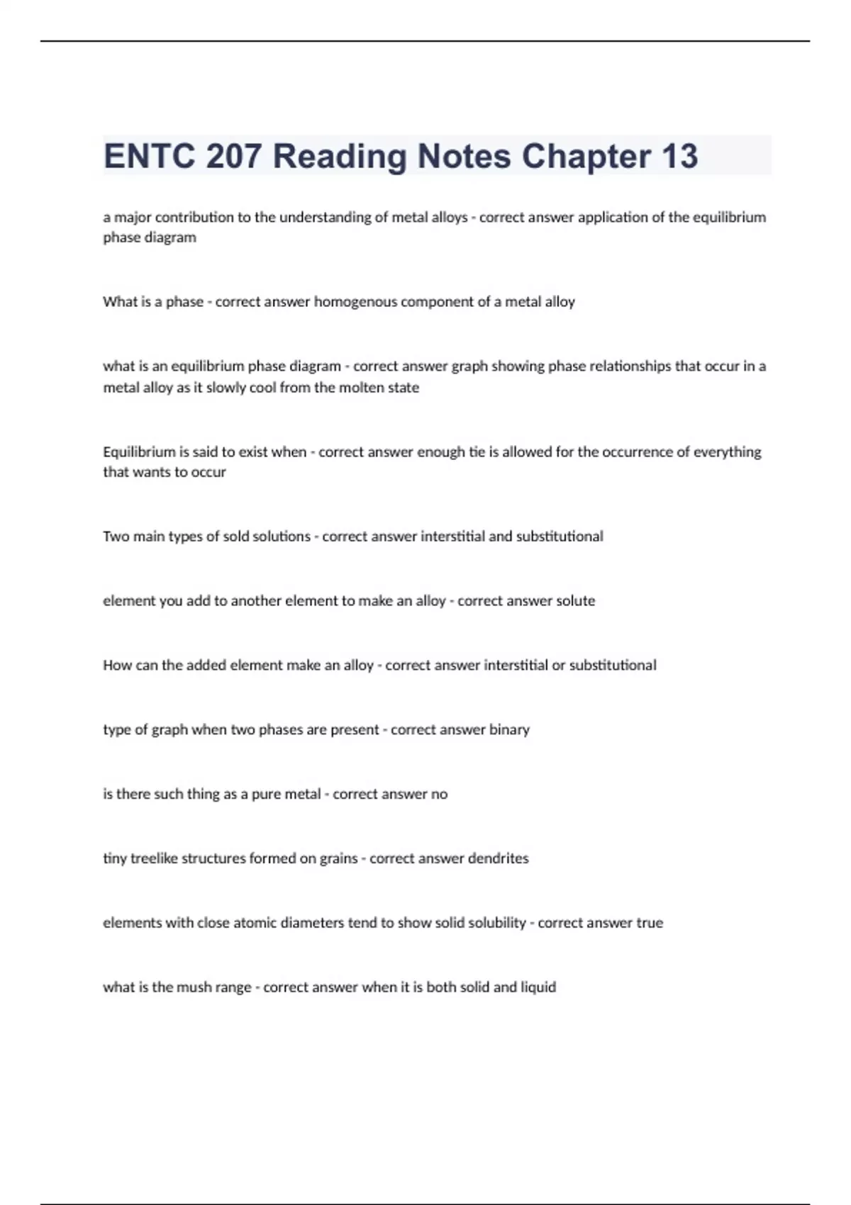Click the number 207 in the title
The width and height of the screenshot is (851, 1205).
(233, 156)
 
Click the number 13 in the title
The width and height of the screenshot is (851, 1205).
(679, 156)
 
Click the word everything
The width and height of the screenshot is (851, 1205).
(727, 452)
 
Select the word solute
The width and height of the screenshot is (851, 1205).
(575, 601)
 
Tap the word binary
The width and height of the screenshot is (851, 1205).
(509, 730)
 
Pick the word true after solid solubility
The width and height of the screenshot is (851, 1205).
(649, 923)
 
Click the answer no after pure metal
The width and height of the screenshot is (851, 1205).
(439, 795)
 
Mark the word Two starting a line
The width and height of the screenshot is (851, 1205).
(116, 537)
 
